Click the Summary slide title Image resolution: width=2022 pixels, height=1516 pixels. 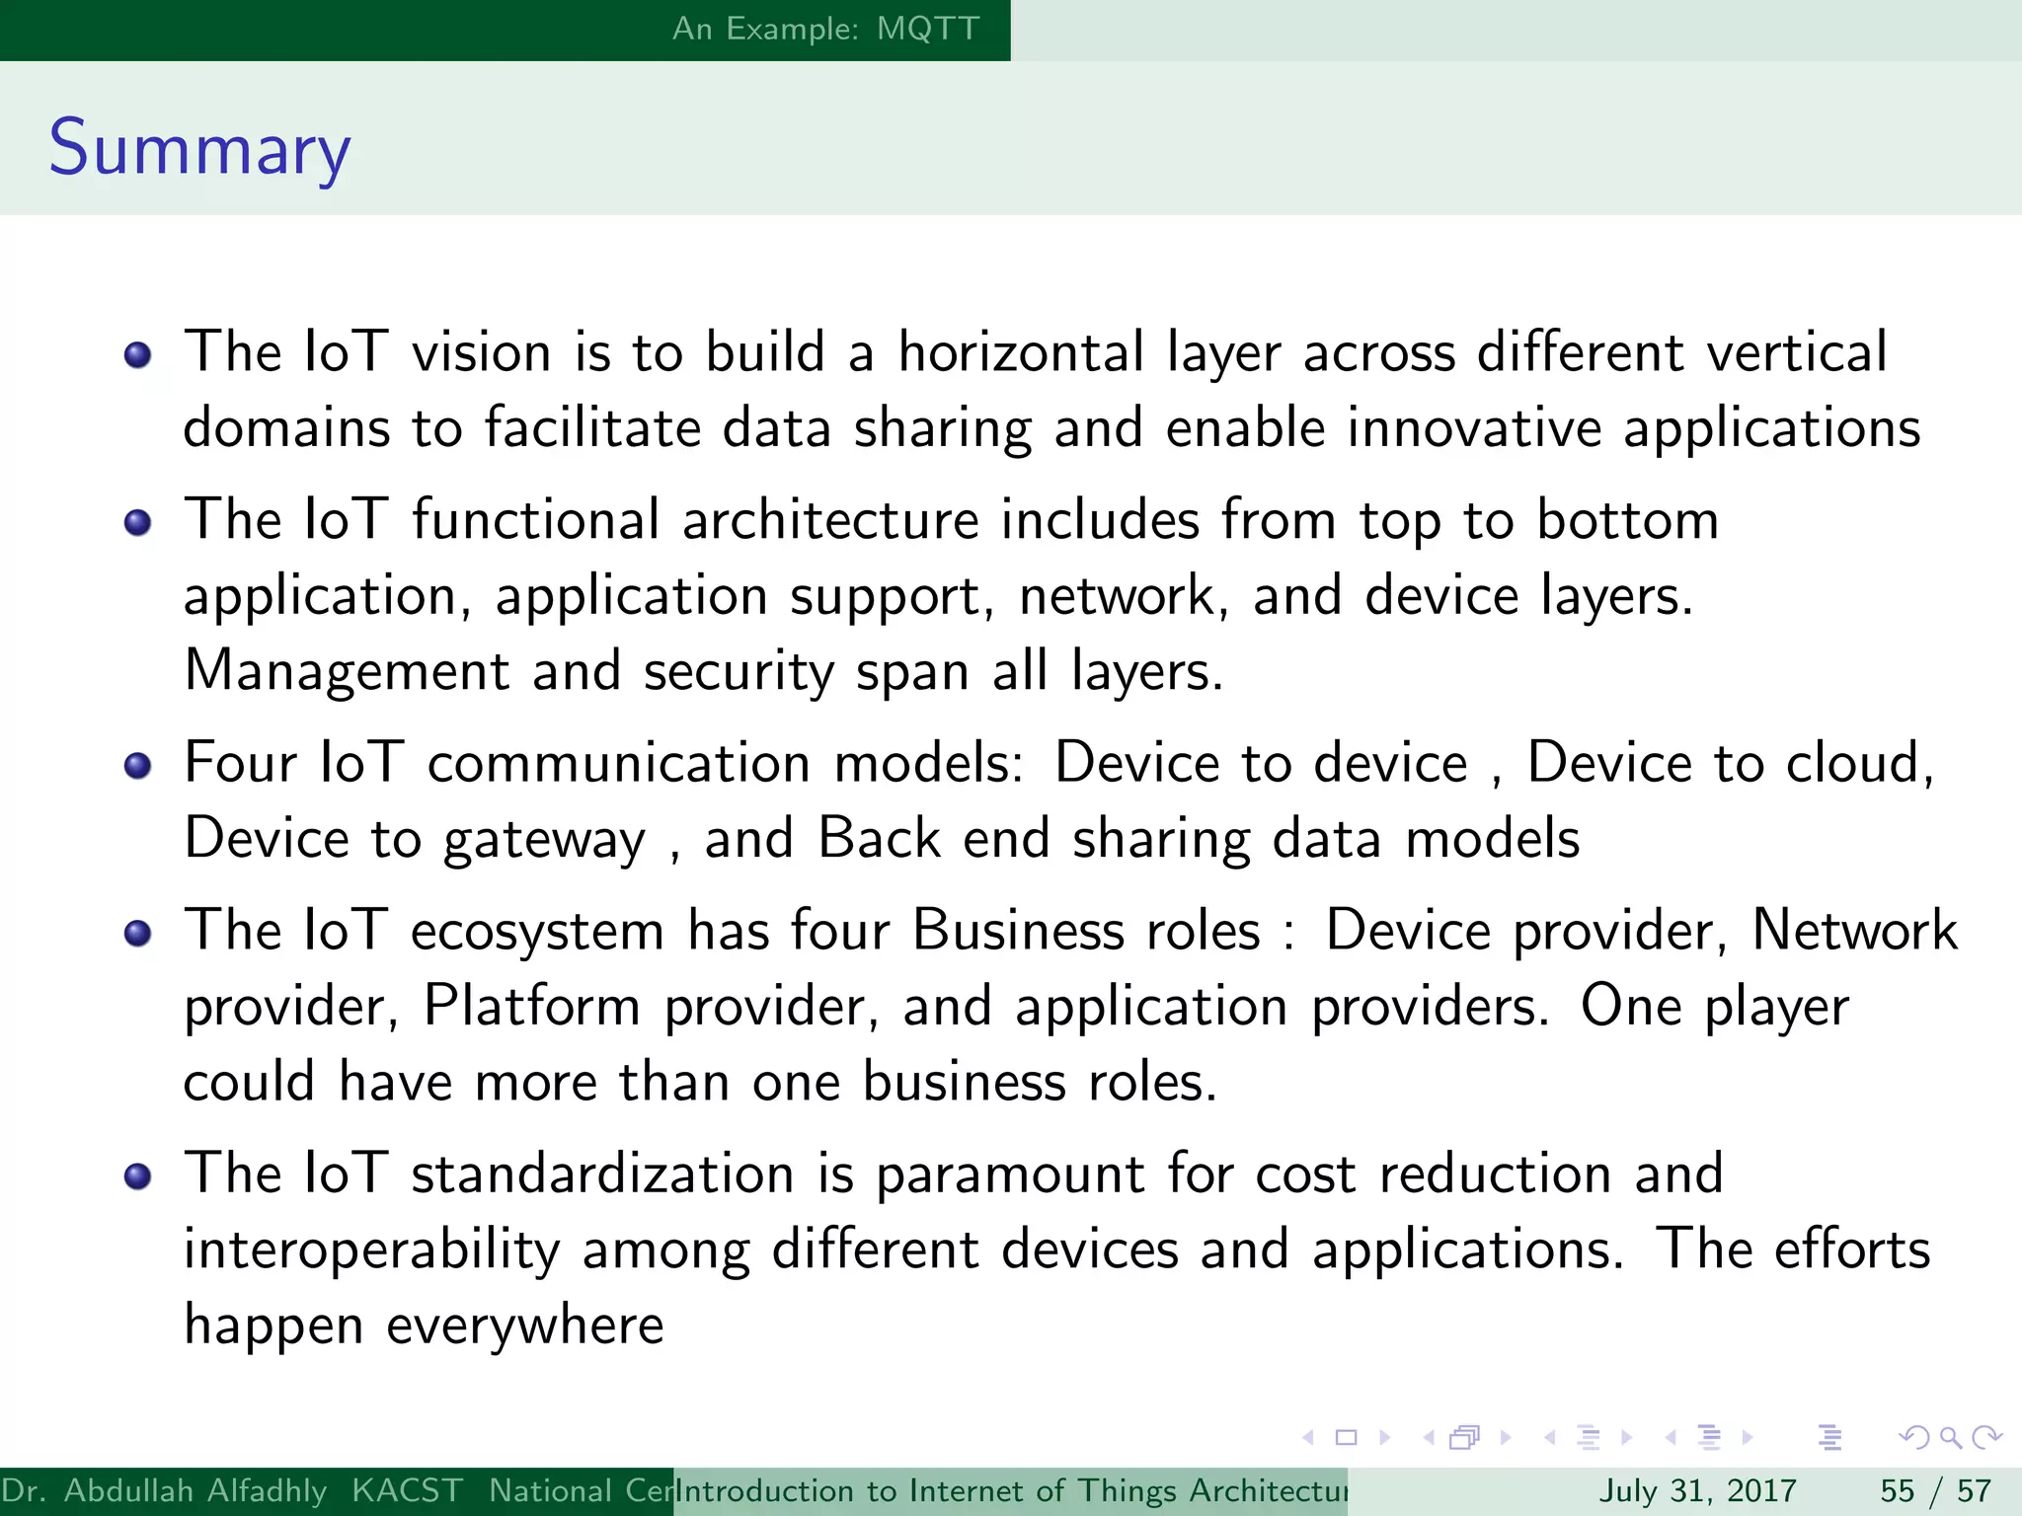pos(199,148)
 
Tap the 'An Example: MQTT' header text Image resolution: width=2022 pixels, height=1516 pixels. pos(825,29)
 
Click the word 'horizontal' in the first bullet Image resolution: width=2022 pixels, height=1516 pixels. pos(1020,352)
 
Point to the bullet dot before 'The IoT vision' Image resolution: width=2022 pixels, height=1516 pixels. pos(138,355)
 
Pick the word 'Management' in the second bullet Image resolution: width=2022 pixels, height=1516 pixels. pos(347,671)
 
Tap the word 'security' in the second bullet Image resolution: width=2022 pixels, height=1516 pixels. pos(739,673)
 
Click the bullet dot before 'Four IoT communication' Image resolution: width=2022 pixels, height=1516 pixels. pos(138,766)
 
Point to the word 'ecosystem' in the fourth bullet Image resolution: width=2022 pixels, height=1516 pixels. pos(537,932)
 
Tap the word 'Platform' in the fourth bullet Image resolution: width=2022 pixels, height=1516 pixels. pos(532,1007)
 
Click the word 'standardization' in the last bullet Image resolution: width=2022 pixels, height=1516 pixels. pos(602,1175)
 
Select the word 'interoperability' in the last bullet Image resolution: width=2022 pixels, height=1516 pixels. pos(372,1251)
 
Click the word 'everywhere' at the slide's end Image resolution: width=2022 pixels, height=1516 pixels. pos(524,1326)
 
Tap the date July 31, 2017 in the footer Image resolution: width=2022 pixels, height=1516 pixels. pos(1697,1490)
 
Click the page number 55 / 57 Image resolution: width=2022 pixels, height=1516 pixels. pos(1935,1490)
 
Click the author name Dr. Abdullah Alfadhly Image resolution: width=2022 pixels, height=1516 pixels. pos(164,1490)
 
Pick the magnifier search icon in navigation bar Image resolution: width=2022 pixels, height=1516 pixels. pos(1950,1438)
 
